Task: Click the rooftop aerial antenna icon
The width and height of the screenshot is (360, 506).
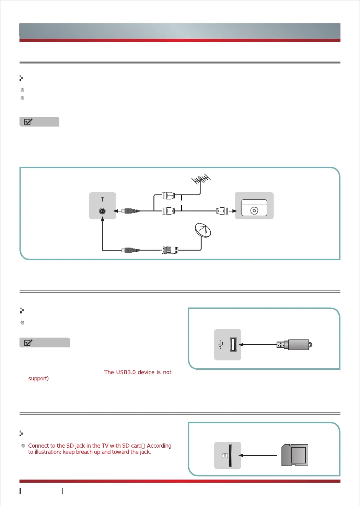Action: point(201,179)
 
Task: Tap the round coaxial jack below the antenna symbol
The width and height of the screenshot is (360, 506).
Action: point(102,211)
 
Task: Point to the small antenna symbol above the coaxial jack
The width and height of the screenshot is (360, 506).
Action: point(102,199)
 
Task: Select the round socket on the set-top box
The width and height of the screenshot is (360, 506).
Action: point(254,210)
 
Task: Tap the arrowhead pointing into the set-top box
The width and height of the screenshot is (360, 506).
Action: point(235,211)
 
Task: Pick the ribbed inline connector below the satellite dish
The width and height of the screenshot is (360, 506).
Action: point(170,250)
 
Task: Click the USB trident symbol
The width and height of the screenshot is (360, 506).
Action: point(221,344)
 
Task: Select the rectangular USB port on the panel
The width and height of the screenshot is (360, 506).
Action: point(233,344)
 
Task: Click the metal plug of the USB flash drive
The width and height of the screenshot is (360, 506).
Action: point(281,344)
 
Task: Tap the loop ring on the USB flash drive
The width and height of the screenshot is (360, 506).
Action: point(310,344)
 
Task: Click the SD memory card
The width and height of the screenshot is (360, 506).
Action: point(295,455)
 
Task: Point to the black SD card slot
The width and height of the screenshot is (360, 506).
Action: point(230,456)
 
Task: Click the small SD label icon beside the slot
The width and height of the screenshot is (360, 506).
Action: point(225,456)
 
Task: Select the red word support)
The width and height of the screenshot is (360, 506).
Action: point(38,378)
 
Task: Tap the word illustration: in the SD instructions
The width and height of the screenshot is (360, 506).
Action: point(48,452)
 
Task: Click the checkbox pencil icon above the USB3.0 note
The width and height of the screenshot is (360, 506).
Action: point(28,342)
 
